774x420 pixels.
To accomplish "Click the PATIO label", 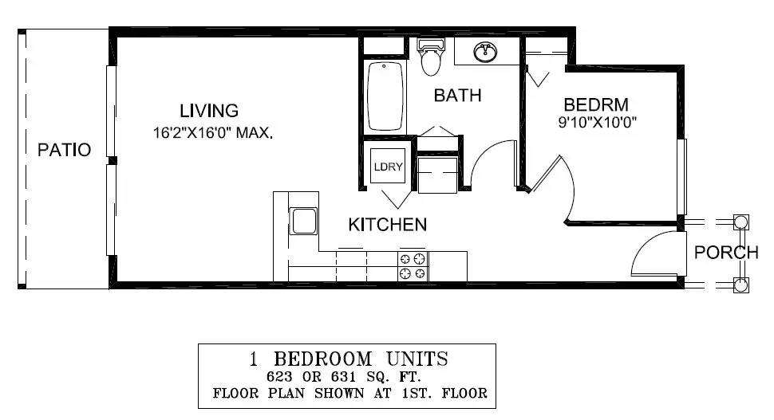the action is pyautogui.click(x=64, y=150).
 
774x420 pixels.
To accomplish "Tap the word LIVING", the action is pyautogui.click(x=209, y=111).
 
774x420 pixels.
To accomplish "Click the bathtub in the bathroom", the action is pyautogui.click(x=385, y=96).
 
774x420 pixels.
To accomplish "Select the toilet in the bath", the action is pyautogui.click(x=431, y=57).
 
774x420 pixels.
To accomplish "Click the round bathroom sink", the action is pyautogui.click(x=485, y=52).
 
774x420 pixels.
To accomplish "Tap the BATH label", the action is pyautogui.click(x=457, y=96).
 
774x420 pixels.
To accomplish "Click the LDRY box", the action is pyautogui.click(x=388, y=166).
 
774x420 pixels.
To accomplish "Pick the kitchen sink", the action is pyautogui.click(x=303, y=221).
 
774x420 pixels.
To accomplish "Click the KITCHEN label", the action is pyautogui.click(x=388, y=225).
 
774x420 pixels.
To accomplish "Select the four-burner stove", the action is pyautogui.click(x=413, y=266).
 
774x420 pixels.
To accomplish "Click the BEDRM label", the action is pyautogui.click(x=596, y=104).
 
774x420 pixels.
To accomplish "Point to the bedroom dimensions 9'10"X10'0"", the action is pyautogui.click(x=598, y=122).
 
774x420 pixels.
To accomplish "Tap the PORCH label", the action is pyautogui.click(x=726, y=253).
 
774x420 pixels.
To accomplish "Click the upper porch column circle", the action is pyautogui.click(x=740, y=222).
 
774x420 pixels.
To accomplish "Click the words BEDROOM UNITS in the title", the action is pyautogui.click(x=361, y=359).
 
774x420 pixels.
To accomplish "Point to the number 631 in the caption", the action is pyautogui.click(x=344, y=377).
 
